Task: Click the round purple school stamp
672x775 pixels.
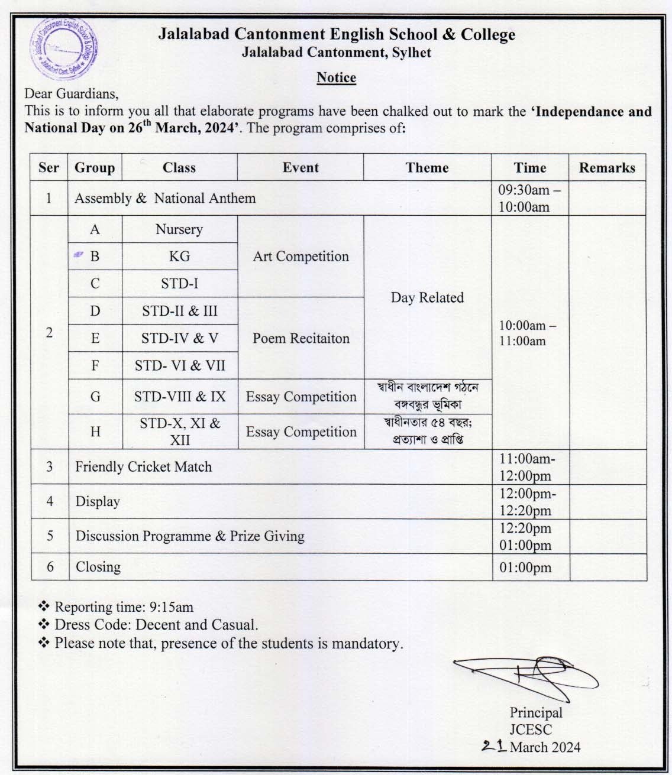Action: (64, 48)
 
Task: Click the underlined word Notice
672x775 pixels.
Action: (336, 77)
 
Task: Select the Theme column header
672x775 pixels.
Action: (427, 167)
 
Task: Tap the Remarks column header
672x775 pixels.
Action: (606, 167)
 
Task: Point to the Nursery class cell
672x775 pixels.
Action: (179, 229)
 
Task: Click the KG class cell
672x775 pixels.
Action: (179, 257)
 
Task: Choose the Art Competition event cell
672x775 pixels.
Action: (301, 257)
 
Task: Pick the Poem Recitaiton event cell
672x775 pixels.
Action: (301, 338)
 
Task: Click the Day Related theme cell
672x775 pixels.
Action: (427, 297)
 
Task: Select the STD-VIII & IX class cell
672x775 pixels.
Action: (180, 397)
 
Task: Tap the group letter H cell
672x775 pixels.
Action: (95, 432)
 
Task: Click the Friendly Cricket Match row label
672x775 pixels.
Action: (143, 467)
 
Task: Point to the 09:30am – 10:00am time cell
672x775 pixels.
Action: (525, 199)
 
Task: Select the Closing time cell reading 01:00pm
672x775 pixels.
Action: (525, 568)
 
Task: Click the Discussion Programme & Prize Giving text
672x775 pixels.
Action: (190, 536)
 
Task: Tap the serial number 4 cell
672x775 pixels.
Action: (50, 501)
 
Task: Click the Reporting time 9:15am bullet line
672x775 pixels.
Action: (123, 607)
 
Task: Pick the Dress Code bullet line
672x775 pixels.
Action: (156, 625)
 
